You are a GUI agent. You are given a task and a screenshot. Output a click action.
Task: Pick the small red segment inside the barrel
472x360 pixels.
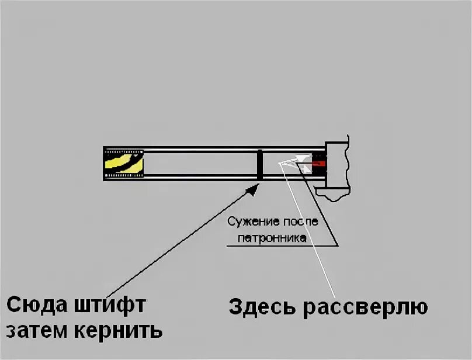(x=319, y=164)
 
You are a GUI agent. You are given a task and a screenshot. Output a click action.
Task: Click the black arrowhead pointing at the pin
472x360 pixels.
(x=253, y=188)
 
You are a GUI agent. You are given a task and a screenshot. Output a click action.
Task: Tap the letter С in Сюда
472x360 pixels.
(x=14, y=306)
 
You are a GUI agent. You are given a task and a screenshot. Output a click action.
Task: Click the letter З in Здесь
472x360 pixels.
(x=235, y=307)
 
